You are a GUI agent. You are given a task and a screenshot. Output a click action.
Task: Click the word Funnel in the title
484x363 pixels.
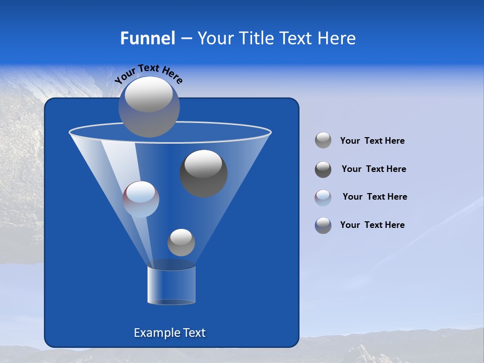click(x=147, y=38)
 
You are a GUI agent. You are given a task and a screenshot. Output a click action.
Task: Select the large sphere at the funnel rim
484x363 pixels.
click(x=149, y=107)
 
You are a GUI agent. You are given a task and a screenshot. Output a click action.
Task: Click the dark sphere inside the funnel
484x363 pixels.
click(x=203, y=173)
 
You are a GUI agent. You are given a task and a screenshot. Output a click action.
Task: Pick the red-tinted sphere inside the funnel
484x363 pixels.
click(x=141, y=199)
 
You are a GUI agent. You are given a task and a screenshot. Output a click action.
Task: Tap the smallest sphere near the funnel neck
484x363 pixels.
click(x=181, y=243)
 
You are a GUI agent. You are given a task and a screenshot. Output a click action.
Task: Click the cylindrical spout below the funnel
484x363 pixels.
click(x=171, y=285)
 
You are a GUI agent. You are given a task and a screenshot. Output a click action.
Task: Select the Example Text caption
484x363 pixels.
click(x=169, y=333)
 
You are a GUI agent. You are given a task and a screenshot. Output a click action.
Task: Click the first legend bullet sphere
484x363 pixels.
click(x=323, y=141)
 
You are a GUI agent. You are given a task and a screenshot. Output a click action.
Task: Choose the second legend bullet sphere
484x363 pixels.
click(x=323, y=169)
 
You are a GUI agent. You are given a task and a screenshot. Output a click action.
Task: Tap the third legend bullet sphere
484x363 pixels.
click(x=323, y=197)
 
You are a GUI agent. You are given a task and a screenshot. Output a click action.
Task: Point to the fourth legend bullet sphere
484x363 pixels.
click(x=323, y=225)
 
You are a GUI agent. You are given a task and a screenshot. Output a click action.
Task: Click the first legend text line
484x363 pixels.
click(x=372, y=141)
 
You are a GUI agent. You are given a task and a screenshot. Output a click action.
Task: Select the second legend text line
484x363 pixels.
click(x=374, y=169)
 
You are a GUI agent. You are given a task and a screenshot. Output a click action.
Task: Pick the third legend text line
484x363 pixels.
click(x=375, y=197)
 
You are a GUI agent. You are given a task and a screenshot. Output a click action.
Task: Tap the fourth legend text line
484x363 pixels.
click(x=372, y=225)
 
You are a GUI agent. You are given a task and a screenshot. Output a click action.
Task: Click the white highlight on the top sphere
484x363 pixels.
click(x=148, y=95)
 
